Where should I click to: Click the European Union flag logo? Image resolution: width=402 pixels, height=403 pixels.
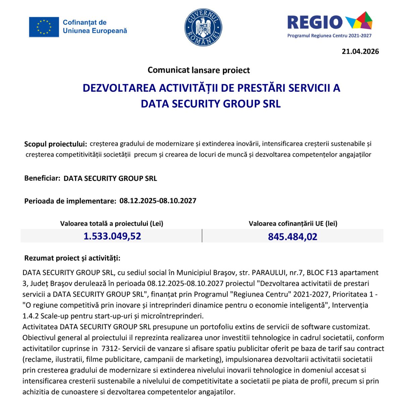[44, 27]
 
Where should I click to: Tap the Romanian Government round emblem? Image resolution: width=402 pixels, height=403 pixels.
[203, 27]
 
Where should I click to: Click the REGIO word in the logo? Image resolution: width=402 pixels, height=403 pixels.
[315, 23]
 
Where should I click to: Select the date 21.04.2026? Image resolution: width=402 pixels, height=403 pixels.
[360, 51]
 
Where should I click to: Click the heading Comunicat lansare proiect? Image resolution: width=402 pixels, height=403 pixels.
[198, 70]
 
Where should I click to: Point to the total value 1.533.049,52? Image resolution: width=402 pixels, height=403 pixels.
[112, 236]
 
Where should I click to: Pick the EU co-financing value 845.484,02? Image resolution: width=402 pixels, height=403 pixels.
[292, 237]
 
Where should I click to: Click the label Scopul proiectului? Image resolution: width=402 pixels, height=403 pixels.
[55, 144]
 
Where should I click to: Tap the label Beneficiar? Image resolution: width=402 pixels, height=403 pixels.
[42, 178]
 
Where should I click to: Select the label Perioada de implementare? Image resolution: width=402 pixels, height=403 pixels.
[70, 201]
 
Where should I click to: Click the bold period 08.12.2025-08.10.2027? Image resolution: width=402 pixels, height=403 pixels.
[158, 201]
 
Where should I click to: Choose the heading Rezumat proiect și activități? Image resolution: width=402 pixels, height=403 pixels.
[72, 258]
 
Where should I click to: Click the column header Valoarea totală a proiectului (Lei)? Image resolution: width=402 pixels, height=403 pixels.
[112, 223]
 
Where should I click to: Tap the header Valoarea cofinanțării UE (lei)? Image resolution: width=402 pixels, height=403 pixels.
[293, 223]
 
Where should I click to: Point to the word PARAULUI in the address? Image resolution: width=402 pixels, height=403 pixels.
[267, 272]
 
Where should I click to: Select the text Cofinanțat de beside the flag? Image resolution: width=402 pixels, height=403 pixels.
[84, 23]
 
